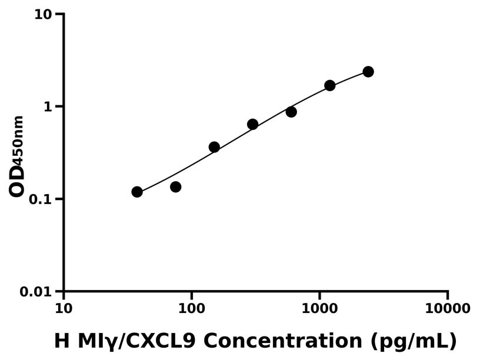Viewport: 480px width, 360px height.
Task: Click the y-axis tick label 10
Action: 43,14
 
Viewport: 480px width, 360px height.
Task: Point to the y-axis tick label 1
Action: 48,107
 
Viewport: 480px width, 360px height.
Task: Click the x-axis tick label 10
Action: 64,309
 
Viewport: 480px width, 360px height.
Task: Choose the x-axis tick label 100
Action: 191,309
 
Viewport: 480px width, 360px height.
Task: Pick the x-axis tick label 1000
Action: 319,309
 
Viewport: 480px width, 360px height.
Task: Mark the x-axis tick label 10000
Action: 448,309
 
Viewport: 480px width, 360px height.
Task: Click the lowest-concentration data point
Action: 137,192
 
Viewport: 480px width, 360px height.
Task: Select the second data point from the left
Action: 175,187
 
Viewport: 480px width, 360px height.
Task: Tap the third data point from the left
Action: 214,147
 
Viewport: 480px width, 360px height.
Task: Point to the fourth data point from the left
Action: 252,124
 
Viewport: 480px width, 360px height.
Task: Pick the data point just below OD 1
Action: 291,112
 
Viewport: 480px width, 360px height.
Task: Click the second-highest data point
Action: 330,85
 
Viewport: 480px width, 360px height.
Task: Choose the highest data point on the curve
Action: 368,72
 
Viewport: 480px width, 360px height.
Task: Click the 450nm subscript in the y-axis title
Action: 19,139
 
